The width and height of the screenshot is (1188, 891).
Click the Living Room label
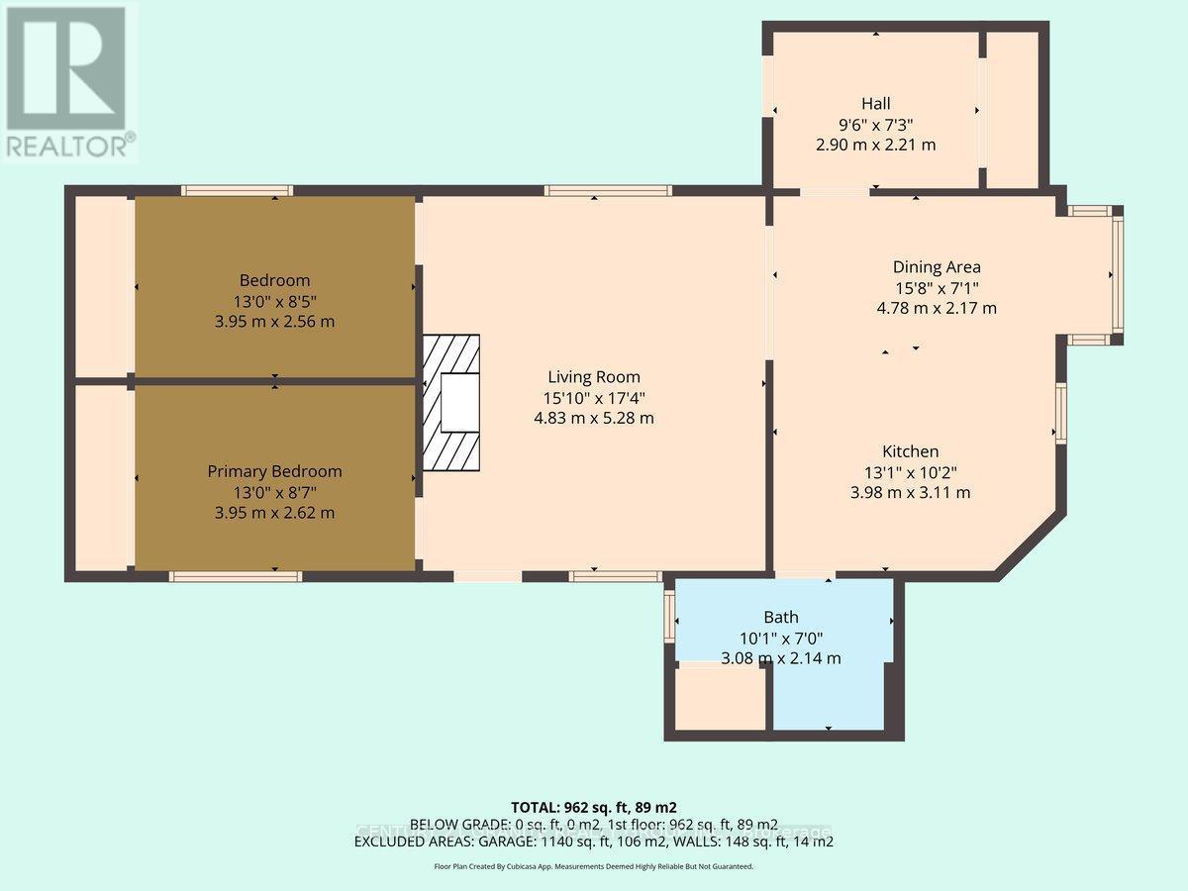(594, 376)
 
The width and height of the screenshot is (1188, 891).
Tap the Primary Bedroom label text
(274, 471)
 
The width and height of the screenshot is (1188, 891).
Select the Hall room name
(875, 103)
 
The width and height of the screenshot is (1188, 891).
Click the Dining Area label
(937, 266)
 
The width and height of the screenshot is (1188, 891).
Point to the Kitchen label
(911, 450)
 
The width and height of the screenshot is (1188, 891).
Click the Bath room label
(780, 617)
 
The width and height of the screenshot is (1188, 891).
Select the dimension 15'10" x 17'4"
(594, 397)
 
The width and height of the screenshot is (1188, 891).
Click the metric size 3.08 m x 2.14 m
(781, 657)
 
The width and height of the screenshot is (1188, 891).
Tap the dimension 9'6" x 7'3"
(875, 124)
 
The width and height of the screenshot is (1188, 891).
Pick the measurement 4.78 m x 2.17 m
(937, 308)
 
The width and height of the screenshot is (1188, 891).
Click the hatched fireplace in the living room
(451, 402)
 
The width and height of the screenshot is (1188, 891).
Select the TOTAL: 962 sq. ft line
(594, 807)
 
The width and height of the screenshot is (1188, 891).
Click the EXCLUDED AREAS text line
(594, 841)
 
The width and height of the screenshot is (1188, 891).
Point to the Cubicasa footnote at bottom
(594, 866)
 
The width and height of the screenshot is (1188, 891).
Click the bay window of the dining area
(1117, 274)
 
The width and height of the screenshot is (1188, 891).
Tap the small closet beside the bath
(721, 699)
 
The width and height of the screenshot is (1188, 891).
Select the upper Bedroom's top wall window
(237, 190)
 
